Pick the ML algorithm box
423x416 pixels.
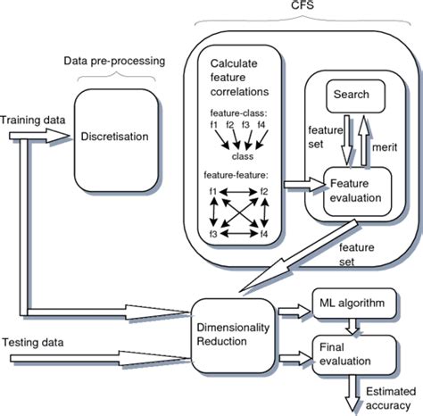[x=349, y=304]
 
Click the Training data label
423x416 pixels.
[x=30, y=118]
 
